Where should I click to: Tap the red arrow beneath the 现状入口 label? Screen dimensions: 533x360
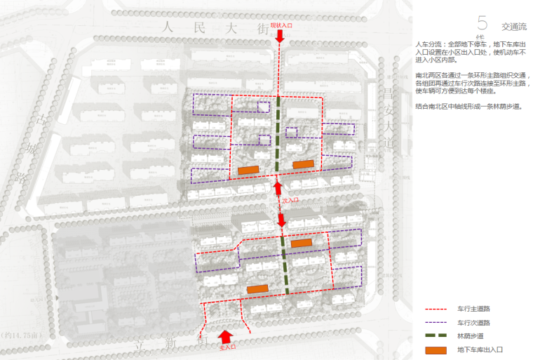coord(280,36)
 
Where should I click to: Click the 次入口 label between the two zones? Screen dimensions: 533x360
coord(290,200)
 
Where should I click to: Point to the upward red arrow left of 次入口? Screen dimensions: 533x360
coord(278,187)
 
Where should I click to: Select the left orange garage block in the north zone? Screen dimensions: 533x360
coord(249,170)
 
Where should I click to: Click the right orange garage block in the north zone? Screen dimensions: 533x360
coord(303,164)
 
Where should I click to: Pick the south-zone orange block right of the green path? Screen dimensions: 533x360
coord(301,243)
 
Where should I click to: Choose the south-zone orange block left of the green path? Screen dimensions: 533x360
coord(257,288)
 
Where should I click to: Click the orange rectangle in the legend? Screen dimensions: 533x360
coord(436,349)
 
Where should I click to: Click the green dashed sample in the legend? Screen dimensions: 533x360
coord(436,336)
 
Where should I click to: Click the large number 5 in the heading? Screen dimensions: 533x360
coord(482,23)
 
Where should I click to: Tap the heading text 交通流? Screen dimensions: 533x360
coord(513,26)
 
